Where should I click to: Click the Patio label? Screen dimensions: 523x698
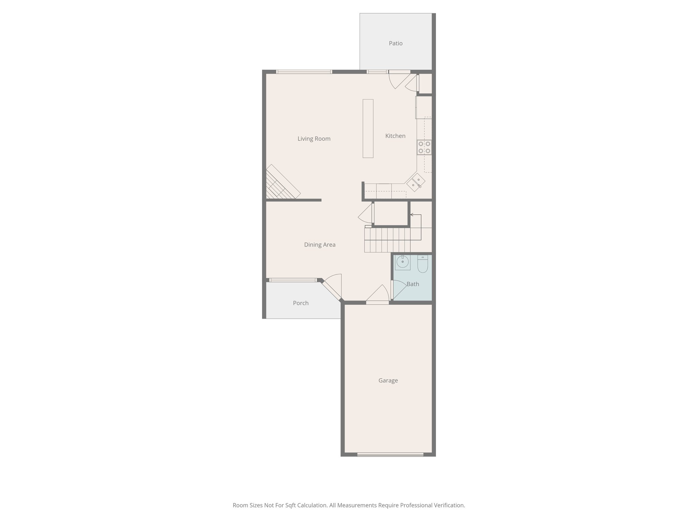pos(396,43)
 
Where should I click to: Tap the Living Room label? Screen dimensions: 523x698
pos(314,139)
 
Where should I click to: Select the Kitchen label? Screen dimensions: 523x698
pos(395,136)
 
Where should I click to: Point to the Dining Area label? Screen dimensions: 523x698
pos(320,244)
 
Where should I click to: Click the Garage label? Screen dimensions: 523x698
pos(388,380)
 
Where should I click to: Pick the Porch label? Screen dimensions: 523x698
pos(301,303)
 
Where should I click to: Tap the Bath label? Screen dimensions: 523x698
pos(413,284)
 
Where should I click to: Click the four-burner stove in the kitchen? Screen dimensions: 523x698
pos(424,147)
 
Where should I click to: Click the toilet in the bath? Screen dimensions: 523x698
pos(423,264)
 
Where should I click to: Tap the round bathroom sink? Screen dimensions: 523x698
pos(403,262)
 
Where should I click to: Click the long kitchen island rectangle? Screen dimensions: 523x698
pos(368,128)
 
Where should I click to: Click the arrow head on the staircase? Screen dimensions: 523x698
pos(412,215)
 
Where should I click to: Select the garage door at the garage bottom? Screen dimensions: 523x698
pos(390,454)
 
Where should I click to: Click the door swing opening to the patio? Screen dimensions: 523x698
pos(399,80)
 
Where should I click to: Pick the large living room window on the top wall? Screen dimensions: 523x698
pos(304,72)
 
